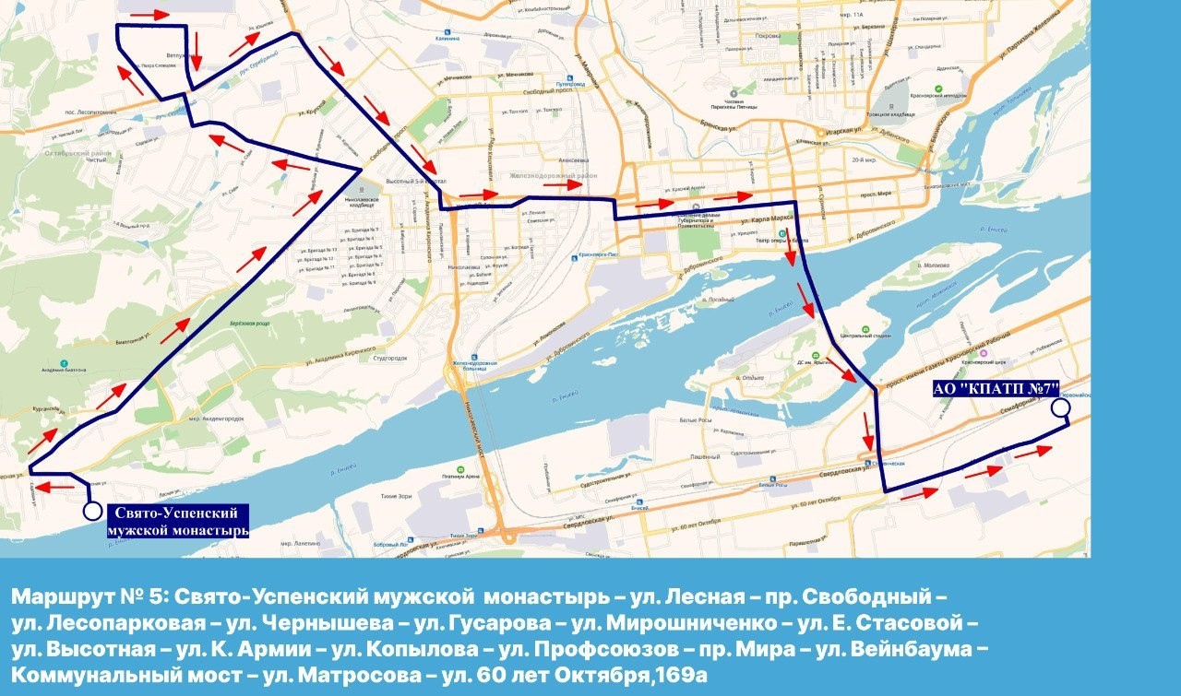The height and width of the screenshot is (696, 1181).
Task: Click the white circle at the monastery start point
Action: tap(91, 510)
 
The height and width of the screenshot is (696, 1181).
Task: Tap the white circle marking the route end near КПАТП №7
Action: tap(1060, 407)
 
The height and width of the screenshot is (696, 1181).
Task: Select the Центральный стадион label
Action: tap(863, 337)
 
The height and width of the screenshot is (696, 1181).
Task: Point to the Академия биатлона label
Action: tap(63, 370)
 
